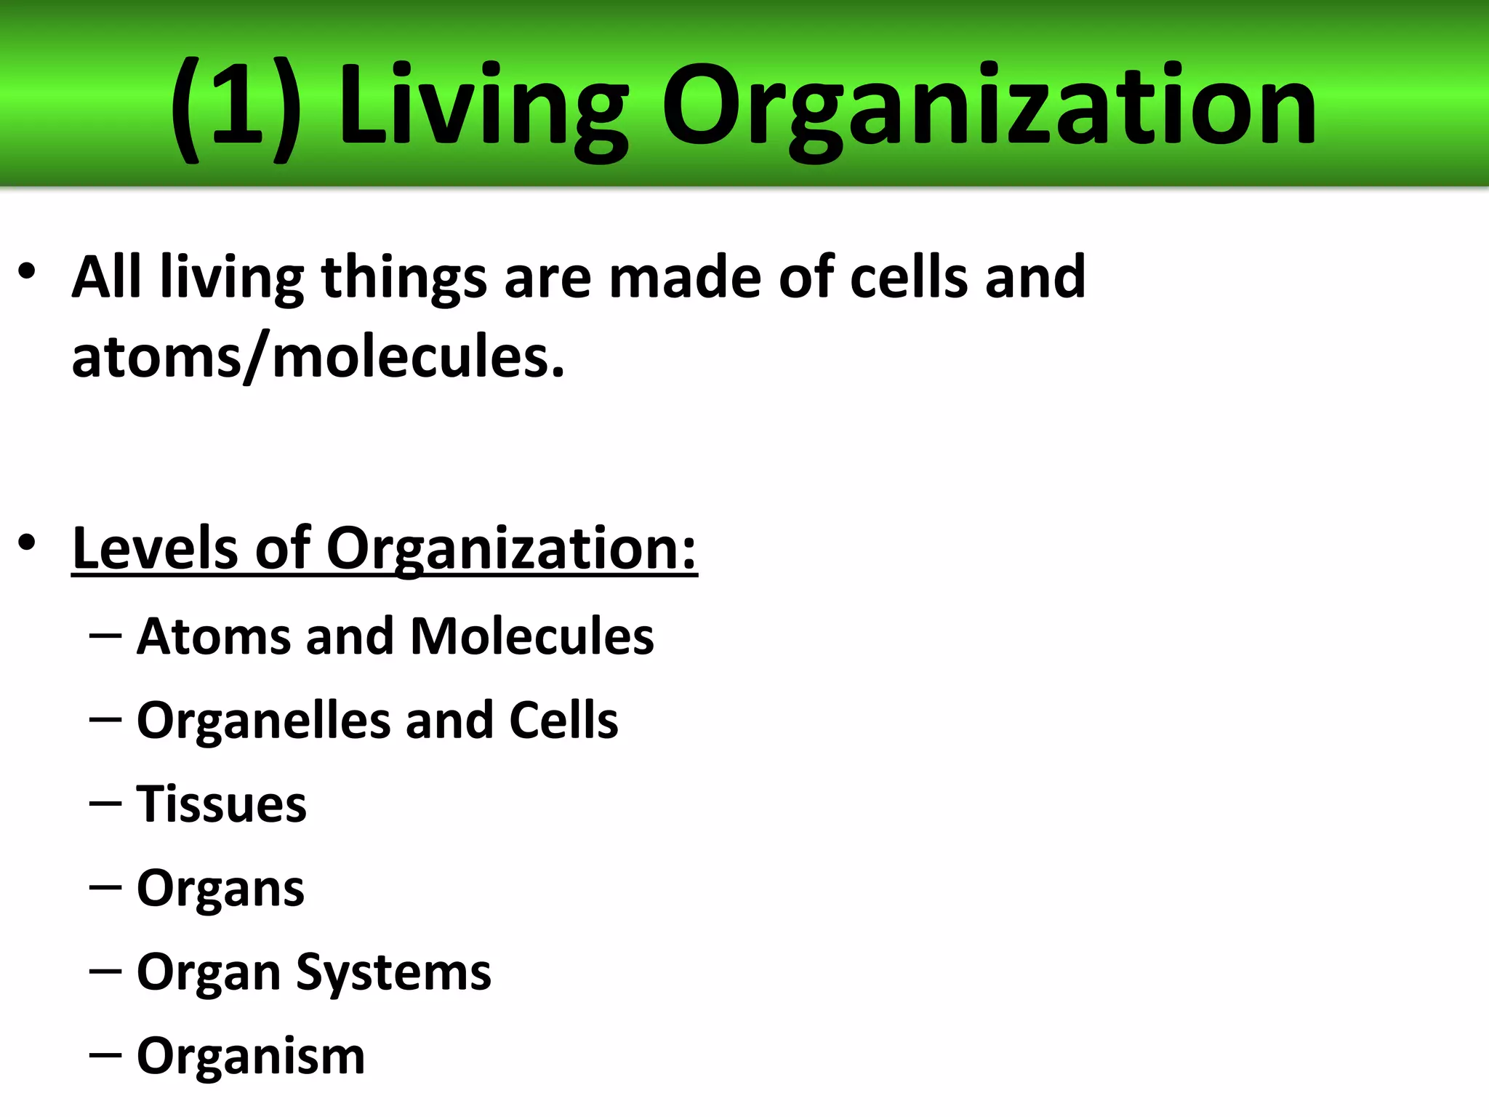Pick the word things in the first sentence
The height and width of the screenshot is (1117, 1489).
(404, 279)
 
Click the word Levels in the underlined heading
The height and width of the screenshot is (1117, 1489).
(155, 548)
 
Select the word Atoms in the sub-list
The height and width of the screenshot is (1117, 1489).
(214, 636)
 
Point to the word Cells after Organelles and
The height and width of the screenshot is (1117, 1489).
(563, 721)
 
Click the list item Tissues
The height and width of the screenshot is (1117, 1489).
(222, 804)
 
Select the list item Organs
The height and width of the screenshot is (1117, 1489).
(220, 889)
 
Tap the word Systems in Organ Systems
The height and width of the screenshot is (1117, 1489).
(393, 973)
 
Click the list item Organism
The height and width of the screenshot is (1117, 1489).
(251, 1056)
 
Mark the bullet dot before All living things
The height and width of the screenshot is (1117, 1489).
(27, 272)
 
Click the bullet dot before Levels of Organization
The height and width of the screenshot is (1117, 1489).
(27, 543)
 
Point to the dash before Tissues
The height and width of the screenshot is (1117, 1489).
(105, 804)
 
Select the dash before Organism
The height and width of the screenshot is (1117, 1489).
(105, 1055)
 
